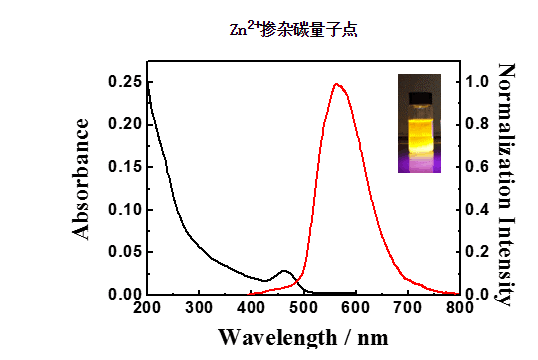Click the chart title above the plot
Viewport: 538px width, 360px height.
[x=293, y=30]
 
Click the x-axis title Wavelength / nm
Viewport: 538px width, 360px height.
[x=301, y=336]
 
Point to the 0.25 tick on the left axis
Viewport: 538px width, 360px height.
[x=124, y=82]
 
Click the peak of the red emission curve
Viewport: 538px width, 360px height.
[x=337, y=84]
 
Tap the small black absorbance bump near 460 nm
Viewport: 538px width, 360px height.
[x=285, y=271]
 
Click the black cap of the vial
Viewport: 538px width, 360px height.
[x=419, y=96]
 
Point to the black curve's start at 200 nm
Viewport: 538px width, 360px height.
[x=147, y=84]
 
